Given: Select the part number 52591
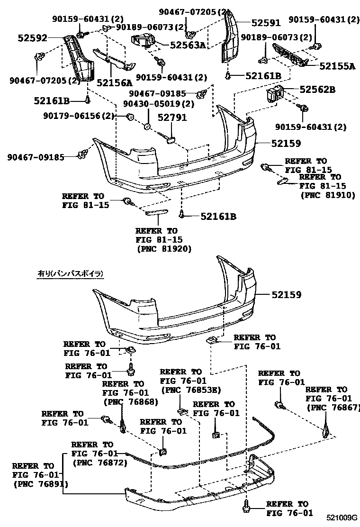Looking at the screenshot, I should pos(266,22).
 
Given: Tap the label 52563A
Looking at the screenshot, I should pos(189,45).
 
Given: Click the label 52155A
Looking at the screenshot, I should pos(337,67).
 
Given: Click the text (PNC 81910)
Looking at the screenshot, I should pos(327,194).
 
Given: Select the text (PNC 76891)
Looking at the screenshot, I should pos(41,484).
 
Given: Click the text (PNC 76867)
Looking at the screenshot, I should pos(333,407).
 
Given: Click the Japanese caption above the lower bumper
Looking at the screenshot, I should pos(70,273).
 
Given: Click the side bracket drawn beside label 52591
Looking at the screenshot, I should pos(231,40).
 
